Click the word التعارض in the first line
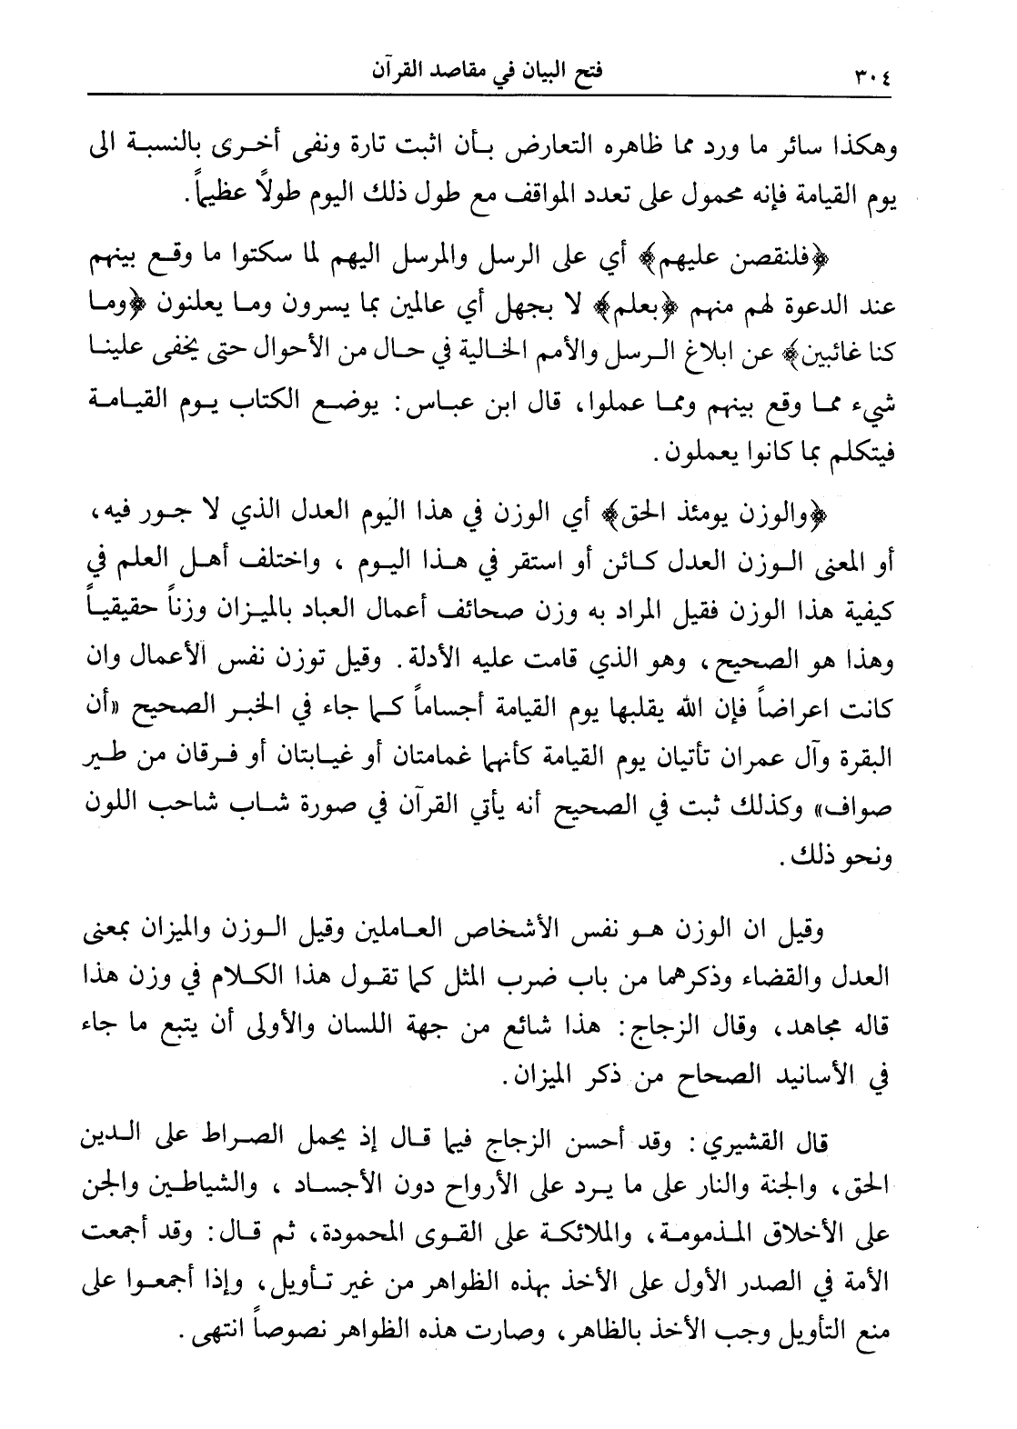pos(499,150)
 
